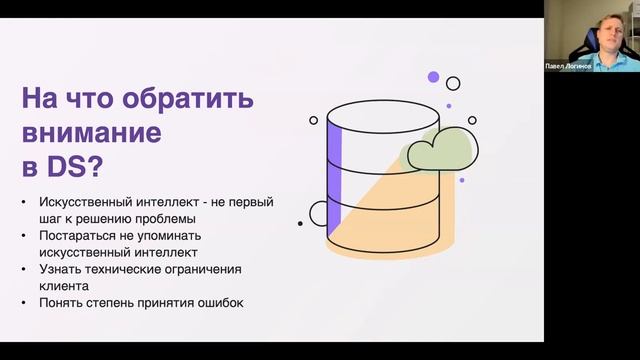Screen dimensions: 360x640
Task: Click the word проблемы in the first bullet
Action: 168,217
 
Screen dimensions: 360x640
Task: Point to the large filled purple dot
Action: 433,76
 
